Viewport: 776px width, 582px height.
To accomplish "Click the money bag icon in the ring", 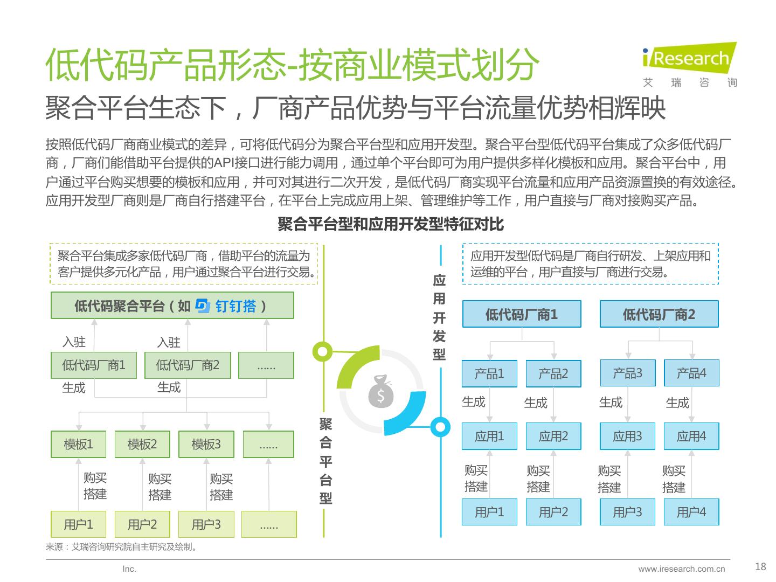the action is [x=381, y=392].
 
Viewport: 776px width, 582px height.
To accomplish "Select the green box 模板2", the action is [x=142, y=444].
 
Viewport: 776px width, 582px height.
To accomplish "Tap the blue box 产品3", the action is [x=627, y=373].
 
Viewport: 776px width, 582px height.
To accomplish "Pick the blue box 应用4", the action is [x=691, y=436].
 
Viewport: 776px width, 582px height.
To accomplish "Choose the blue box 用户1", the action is [x=489, y=511].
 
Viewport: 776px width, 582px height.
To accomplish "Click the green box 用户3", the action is [x=206, y=524].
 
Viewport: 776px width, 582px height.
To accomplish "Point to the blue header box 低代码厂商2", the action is [x=659, y=314].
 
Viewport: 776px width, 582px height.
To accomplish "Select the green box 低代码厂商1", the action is [x=94, y=365].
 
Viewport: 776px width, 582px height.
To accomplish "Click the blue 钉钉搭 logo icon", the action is [x=203, y=306].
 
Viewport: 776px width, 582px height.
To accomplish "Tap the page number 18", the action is [x=760, y=566].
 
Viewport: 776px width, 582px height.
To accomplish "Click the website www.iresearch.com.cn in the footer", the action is [x=681, y=569].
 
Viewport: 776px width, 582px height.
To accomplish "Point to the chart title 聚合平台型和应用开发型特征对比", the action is [x=391, y=224].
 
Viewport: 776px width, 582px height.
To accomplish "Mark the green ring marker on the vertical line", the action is [x=323, y=352].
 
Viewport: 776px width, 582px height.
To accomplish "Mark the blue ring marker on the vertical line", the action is [x=440, y=427].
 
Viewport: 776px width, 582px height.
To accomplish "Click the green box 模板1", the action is [x=78, y=444].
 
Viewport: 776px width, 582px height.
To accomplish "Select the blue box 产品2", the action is [x=553, y=373].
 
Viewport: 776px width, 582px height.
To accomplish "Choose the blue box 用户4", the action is [x=691, y=511].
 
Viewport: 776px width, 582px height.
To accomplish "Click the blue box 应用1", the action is [x=489, y=436].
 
